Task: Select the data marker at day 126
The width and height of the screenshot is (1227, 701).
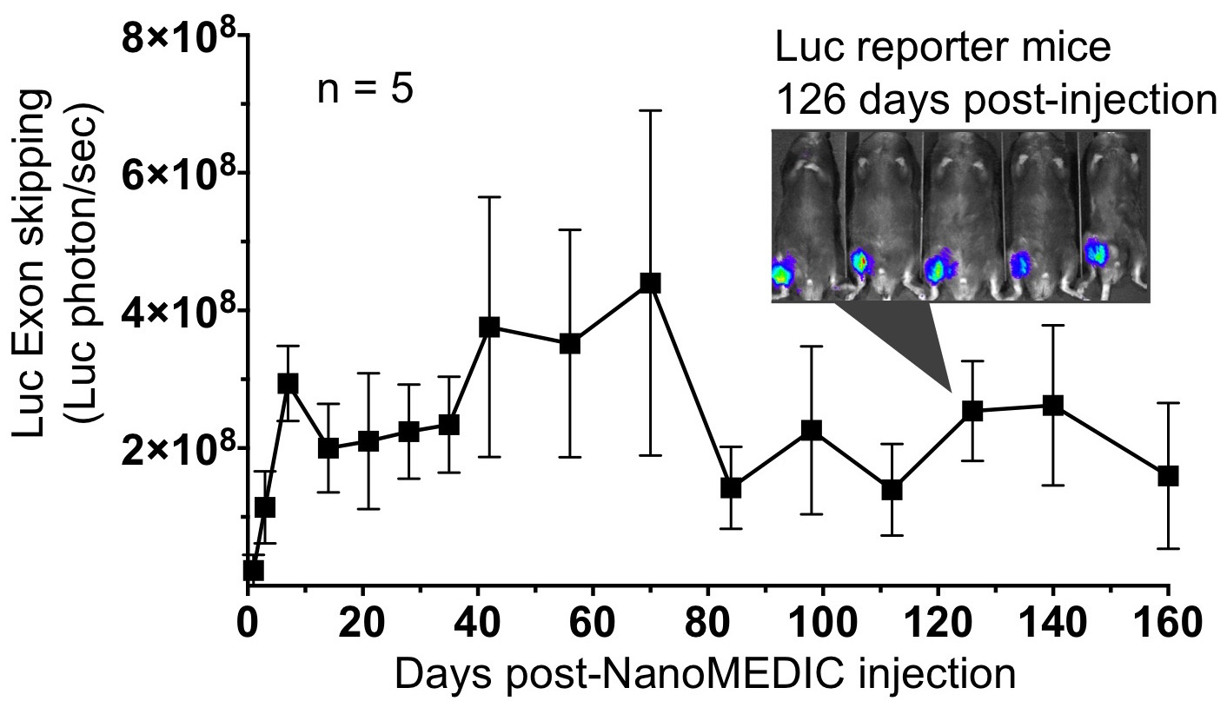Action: coord(972,410)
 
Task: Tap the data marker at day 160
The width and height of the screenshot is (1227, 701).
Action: coord(1168,476)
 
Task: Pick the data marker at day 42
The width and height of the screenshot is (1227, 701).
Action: coord(489,327)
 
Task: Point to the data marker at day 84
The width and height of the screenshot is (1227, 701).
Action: coord(731,488)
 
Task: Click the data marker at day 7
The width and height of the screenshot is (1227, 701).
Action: coord(288,383)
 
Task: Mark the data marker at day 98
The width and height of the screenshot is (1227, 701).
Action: coord(812,429)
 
